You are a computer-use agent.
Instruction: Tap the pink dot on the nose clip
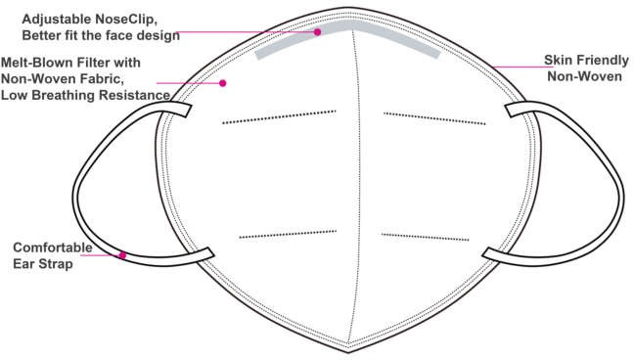(x=318, y=32)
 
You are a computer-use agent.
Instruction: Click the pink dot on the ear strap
(x=122, y=256)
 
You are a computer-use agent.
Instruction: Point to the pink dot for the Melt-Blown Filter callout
(x=223, y=83)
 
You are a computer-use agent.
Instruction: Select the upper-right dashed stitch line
(x=434, y=117)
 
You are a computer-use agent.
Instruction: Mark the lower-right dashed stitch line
(x=426, y=236)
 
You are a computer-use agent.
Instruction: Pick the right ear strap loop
(x=607, y=186)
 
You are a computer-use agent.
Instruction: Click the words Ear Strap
(x=43, y=263)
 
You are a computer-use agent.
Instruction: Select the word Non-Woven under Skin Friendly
(x=583, y=75)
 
